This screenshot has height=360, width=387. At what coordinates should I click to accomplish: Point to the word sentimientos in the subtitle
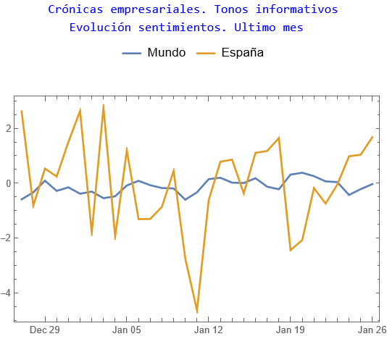click(x=185, y=28)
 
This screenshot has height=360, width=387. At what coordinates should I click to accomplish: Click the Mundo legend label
click(x=166, y=53)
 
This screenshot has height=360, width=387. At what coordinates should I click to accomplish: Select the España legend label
click(x=242, y=53)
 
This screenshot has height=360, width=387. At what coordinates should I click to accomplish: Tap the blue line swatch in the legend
click(x=132, y=53)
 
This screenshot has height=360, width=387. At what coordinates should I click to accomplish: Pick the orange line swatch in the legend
click(x=207, y=53)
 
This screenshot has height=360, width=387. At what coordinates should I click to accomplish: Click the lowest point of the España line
click(x=196, y=312)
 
